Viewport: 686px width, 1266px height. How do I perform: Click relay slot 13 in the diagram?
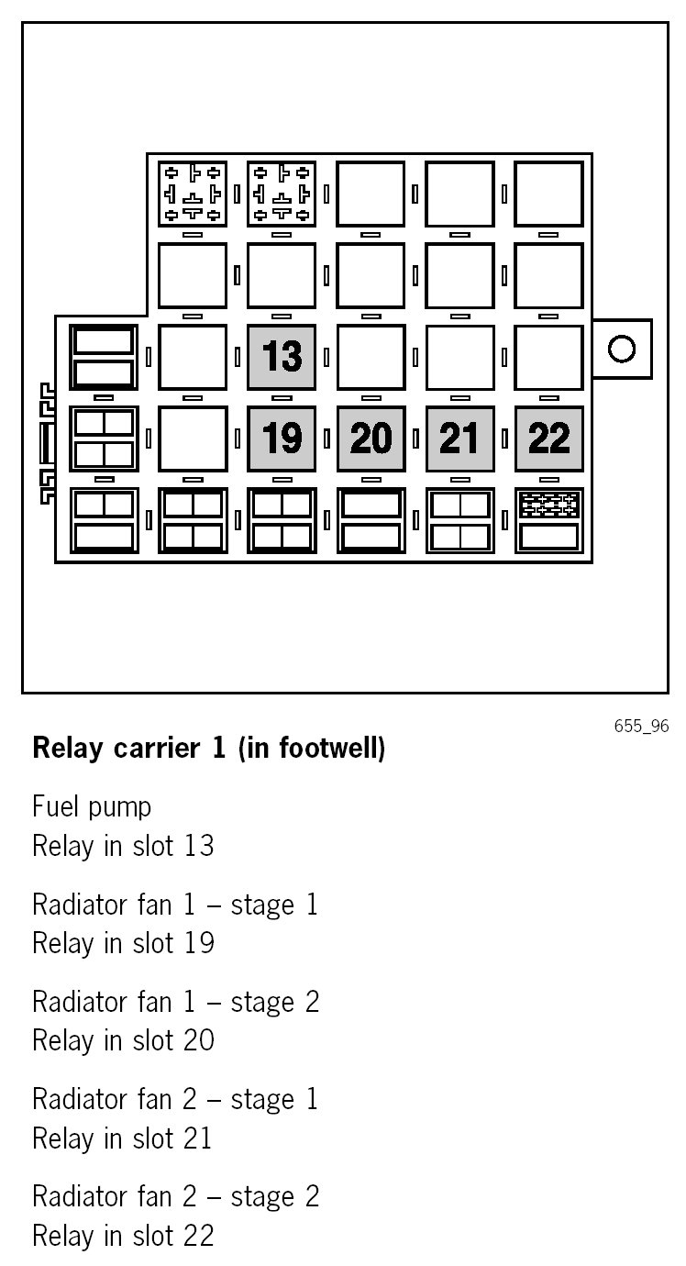click(282, 356)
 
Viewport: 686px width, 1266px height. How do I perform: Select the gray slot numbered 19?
click(282, 439)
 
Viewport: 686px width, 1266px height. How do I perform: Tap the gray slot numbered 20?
click(371, 439)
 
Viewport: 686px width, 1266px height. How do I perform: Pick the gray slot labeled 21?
click(459, 439)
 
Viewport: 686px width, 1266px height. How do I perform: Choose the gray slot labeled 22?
click(548, 439)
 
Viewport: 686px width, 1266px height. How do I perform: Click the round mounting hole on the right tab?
click(622, 349)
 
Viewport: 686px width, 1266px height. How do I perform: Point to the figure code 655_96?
click(641, 727)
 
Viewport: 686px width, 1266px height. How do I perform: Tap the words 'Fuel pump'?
click(92, 807)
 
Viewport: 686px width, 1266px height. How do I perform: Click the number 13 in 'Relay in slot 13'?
click(198, 845)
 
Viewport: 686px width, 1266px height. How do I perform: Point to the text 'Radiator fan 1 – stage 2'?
click(175, 1001)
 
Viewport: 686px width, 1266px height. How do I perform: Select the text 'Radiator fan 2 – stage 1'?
click(175, 1098)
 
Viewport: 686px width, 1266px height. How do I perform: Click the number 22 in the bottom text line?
click(198, 1235)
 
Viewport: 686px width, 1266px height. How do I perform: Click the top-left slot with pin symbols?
click(192, 194)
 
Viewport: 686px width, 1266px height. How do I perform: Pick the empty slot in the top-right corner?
click(548, 194)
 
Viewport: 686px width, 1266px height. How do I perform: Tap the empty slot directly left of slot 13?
click(192, 356)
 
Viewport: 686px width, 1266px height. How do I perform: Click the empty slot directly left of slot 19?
click(192, 439)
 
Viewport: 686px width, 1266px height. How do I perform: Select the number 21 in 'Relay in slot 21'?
click(197, 1138)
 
